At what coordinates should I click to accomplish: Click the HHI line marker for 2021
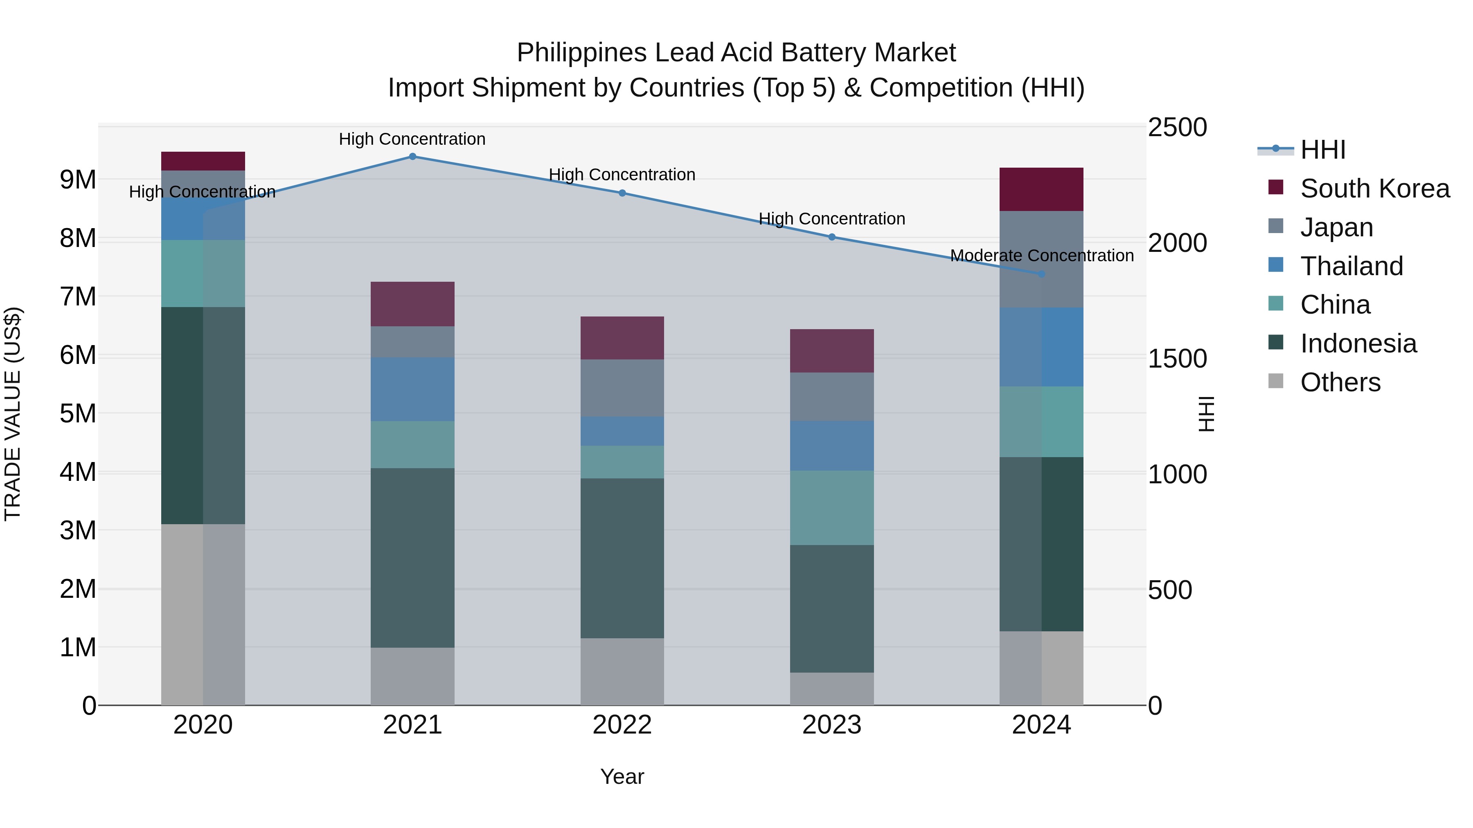click(412, 157)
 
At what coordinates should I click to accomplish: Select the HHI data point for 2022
click(622, 193)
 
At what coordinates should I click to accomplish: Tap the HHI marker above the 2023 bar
click(832, 237)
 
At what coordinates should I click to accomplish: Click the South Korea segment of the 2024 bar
click(1041, 190)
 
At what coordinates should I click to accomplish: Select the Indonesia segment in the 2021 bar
click(412, 558)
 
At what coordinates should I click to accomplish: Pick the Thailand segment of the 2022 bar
click(622, 431)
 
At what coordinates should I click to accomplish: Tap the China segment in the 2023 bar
click(832, 508)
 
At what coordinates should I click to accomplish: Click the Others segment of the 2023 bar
click(832, 689)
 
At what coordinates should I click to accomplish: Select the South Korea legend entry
click(1375, 188)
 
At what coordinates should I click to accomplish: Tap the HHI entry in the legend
click(1322, 150)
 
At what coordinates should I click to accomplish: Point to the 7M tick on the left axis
click(78, 296)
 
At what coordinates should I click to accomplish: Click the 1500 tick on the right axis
click(1177, 359)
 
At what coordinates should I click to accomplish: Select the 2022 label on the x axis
click(622, 725)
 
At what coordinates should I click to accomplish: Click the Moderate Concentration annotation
click(1041, 256)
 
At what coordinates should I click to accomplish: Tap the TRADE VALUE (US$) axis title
click(13, 414)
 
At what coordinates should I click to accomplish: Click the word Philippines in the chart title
click(582, 53)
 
